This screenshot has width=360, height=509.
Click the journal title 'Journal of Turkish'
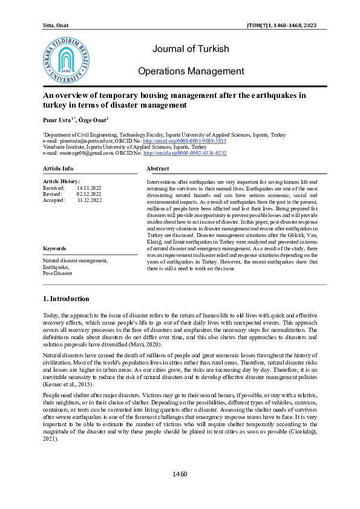191,49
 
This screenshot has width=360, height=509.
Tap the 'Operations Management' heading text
191,71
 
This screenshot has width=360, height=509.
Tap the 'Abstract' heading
158,168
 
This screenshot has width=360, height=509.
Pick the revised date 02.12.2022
88,194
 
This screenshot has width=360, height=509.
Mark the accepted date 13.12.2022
89,200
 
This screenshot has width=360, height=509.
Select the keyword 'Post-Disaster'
57,273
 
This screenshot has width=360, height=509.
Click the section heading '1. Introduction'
67,299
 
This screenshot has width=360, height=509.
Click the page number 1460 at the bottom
180,491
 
